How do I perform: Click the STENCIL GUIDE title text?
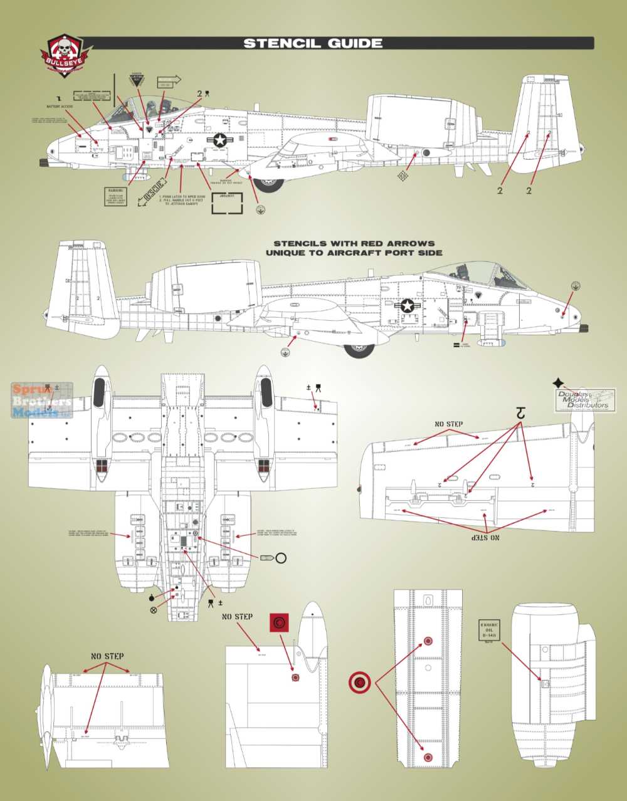312,43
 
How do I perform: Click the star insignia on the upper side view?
219,141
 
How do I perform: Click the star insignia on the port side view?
408,306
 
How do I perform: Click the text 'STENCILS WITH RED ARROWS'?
354,243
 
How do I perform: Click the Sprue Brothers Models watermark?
41,401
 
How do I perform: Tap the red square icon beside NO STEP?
278,623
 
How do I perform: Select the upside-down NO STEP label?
486,538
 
